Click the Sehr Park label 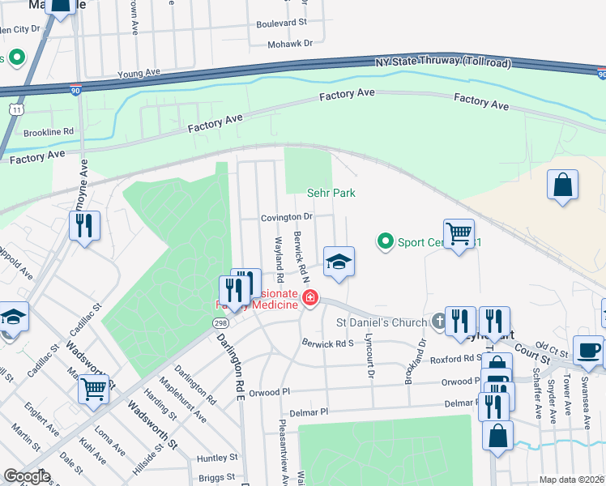(x=331, y=194)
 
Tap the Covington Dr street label (x=286, y=217)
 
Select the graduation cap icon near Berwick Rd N (x=339, y=262)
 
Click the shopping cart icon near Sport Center (x=459, y=234)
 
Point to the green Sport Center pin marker (x=386, y=241)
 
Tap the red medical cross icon (x=309, y=299)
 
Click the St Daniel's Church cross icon (x=437, y=322)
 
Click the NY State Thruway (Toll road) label (x=443, y=63)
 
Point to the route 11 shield (x=15, y=108)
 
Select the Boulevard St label (x=281, y=24)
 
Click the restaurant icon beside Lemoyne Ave (x=85, y=226)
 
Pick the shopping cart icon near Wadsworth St (x=94, y=390)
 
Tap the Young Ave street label (x=135, y=74)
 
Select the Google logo (x=28, y=476)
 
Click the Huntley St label (x=216, y=458)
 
